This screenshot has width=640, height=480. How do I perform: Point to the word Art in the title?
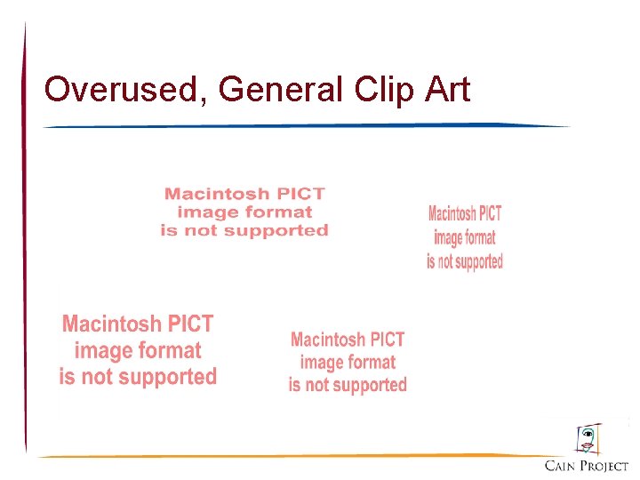448,89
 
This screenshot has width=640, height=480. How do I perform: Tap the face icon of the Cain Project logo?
587,438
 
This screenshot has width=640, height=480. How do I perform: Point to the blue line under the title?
307,126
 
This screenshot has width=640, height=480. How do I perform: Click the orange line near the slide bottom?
293,456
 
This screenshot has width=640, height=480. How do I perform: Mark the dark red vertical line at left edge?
25,240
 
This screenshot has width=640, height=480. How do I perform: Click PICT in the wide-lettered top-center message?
303,194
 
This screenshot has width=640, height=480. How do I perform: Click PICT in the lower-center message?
385,340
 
